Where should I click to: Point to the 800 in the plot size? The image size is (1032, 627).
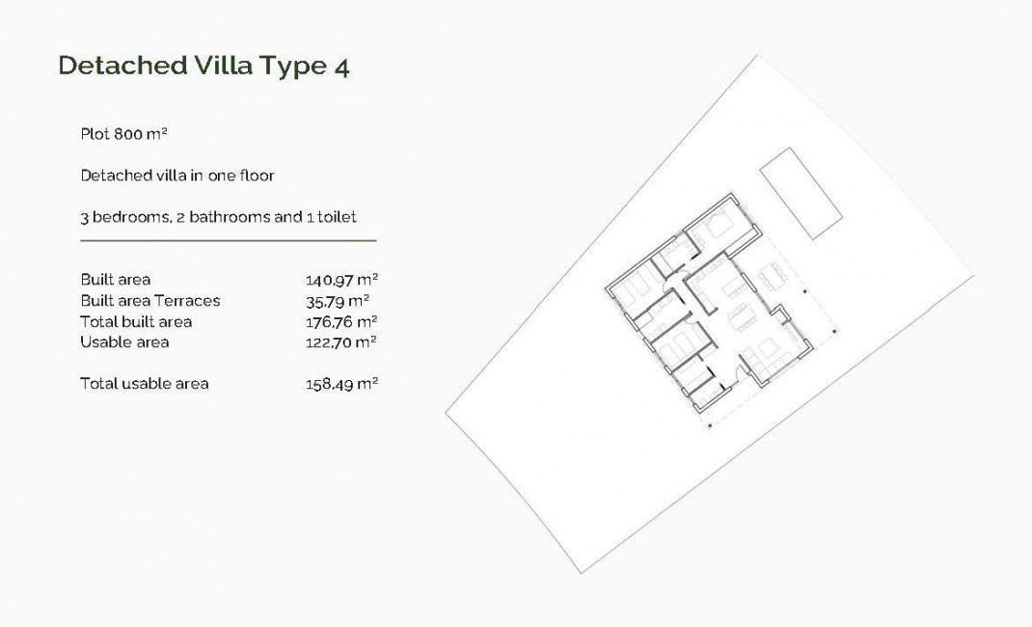pyautogui.click(x=127, y=134)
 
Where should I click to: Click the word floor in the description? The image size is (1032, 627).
pyautogui.click(x=256, y=176)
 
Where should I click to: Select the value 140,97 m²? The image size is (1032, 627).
pyautogui.click(x=340, y=280)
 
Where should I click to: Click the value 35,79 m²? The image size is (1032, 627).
pyautogui.click(x=338, y=300)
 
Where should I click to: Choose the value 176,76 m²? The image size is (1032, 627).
pyautogui.click(x=340, y=321)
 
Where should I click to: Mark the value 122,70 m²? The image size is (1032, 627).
pyautogui.click(x=340, y=341)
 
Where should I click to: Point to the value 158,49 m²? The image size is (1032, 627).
pyautogui.click(x=340, y=383)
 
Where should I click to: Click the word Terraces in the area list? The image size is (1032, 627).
pyautogui.click(x=187, y=300)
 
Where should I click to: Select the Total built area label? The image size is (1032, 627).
pyautogui.click(x=136, y=321)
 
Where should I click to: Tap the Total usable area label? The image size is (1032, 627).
pyautogui.click(x=144, y=383)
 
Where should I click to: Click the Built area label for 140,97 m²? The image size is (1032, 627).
pyautogui.click(x=115, y=280)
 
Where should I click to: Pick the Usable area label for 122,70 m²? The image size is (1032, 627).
pyautogui.click(x=124, y=341)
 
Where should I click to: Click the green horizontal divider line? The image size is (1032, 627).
pyautogui.click(x=228, y=239)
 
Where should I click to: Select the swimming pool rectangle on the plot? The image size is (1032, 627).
pyautogui.click(x=802, y=192)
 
